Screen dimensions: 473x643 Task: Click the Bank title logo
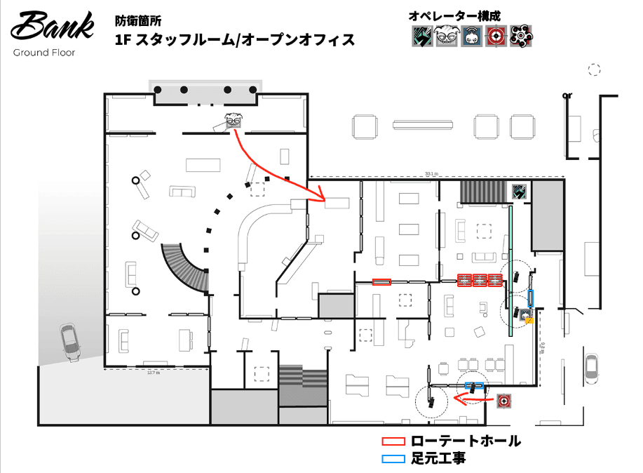tap(53, 27)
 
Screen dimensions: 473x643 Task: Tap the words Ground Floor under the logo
tap(45, 53)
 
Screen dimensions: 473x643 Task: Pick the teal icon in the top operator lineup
tap(421, 36)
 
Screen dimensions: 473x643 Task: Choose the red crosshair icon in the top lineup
tap(496, 36)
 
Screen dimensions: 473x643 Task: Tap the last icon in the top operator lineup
tap(520, 36)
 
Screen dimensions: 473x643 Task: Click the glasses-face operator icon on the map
tap(233, 120)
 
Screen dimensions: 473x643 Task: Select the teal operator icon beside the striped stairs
tap(520, 192)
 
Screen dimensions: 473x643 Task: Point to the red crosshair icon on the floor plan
tap(503, 401)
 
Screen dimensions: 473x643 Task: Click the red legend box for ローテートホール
tap(393, 441)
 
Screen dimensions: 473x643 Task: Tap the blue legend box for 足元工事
tap(393, 459)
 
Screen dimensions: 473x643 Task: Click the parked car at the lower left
tap(70, 342)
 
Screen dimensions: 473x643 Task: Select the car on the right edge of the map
tap(592, 368)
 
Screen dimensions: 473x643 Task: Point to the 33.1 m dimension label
tap(432, 173)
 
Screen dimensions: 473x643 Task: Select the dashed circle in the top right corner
tap(595, 69)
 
